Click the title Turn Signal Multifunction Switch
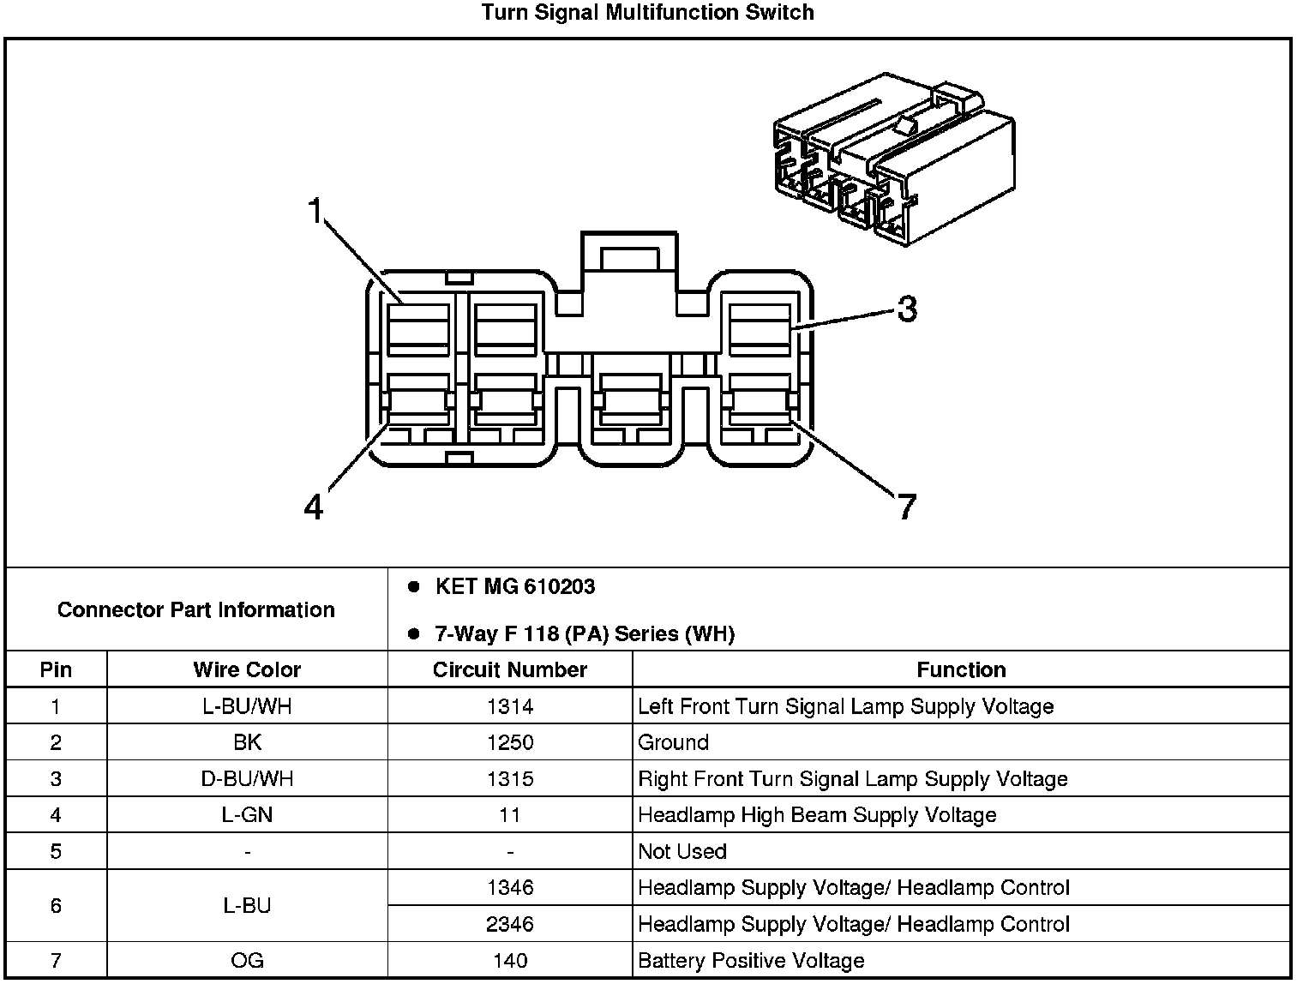coord(647,13)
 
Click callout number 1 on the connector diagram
coord(317,210)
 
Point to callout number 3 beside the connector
coord(907,309)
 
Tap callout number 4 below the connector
coord(314,507)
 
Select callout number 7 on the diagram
coord(907,507)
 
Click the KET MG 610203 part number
coord(514,587)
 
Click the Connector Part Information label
coord(196,609)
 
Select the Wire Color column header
coord(247,669)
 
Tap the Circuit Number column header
coord(510,669)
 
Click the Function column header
coord(961,669)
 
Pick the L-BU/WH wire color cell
coord(247,706)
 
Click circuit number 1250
coord(510,742)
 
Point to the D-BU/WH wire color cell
coord(247,779)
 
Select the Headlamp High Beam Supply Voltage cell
coord(817,815)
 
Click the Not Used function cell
coord(682,851)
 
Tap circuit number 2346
coord(510,924)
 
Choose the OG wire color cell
coord(247,961)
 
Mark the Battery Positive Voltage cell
coord(751,961)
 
